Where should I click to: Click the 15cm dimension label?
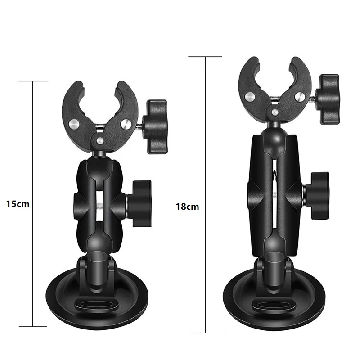(x=18, y=203)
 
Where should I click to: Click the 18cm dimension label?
(x=187, y=207)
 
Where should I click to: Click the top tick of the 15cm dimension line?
(x=32, y=81)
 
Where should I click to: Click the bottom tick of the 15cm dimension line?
(x=32, y=326)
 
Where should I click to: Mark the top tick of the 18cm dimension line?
(x=206, y=57)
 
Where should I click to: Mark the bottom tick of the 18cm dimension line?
(x=206, y=333)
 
